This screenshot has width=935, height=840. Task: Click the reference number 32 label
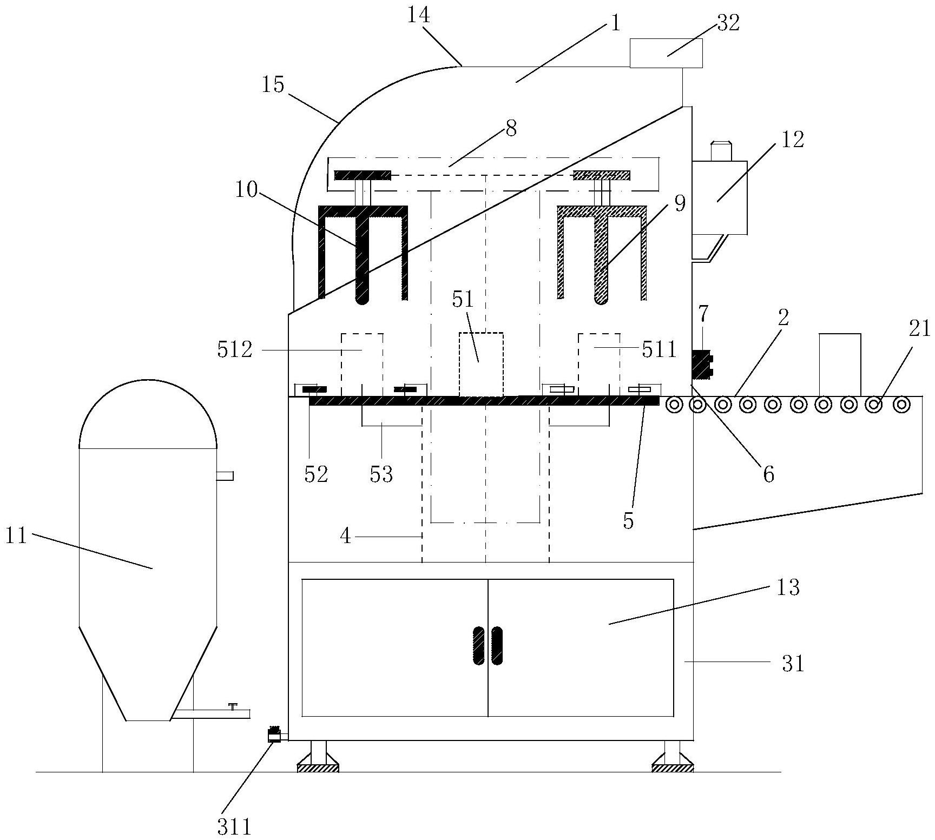coord(728,24)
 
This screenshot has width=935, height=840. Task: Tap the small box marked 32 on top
coord(666,54)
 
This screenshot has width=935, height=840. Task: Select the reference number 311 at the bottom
coord(234,827)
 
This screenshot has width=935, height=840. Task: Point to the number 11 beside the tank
coord(17,537)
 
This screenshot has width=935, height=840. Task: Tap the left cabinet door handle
coord(479,645)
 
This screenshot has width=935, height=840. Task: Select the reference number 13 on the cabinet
coord(787,587)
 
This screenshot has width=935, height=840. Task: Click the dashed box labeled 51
coord(481,364)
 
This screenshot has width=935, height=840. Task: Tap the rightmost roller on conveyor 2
coord(901,405)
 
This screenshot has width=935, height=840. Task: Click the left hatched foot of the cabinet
coord(318,767)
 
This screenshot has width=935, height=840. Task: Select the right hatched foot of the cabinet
coord(672,767)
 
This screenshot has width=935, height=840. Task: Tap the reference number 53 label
coord(381,474)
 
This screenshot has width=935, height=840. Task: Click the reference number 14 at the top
coord(418,16)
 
